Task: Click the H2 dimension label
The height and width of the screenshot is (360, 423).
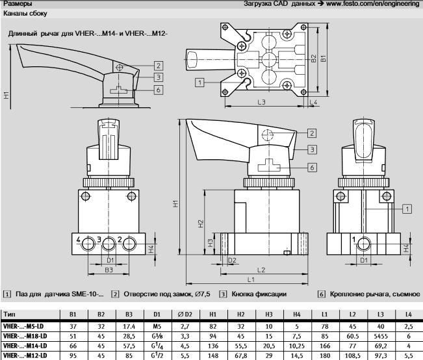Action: (x=201, y=223)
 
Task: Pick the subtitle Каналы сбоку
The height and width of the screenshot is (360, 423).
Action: (x=23, y=13)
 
